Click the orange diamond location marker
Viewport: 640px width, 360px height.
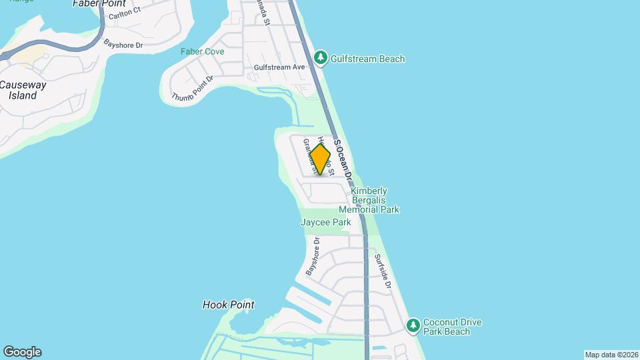(x=320, y=159)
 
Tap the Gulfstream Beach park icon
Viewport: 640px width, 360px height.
(x=321, y=58)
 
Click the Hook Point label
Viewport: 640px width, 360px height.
(x=228, y=305)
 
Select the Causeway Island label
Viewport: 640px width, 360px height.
(x=23, y=90)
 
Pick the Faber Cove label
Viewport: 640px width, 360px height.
(x=197, y=51)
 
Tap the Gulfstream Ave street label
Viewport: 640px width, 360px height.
(x=279, y=67)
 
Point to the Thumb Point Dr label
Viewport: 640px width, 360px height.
(x=192, y=89)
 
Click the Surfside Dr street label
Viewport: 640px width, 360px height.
(x=382, y=271)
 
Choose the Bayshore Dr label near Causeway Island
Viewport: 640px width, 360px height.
(x=123, y=45)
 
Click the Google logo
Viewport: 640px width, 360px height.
(x=22, y=352)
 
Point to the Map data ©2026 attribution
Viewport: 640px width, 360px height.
(x=611, y=355)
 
